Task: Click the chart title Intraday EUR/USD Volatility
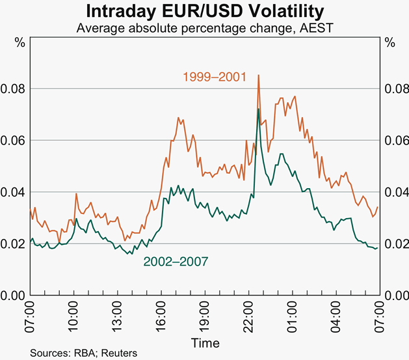click(x=205, y=11)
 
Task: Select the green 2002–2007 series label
click(x=175, y=262)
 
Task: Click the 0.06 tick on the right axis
click(x=397, y=140)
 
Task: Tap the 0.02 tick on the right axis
click(x=397, y=243)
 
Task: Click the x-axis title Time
click(x=205, y=342)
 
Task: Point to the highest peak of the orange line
click(x=259, y=76)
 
